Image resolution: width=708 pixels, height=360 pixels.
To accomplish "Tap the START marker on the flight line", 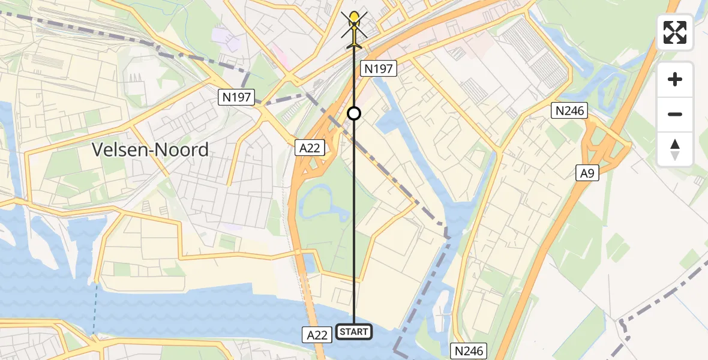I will point(354,331).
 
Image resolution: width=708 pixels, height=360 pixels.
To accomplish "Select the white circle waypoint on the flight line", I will point(354,113).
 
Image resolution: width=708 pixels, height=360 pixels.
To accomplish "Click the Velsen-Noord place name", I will point(151,149).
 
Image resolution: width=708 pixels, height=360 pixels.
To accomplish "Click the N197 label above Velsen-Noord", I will point(237,97).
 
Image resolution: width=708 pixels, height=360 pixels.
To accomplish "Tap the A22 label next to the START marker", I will point(316,335).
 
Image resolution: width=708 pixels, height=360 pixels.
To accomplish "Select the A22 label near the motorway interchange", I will point(308,146).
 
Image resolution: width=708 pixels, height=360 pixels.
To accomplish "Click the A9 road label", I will point(588,173).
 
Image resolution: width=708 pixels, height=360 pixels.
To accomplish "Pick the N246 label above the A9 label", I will point(570,110).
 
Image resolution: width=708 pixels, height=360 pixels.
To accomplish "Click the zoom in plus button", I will point(675,79).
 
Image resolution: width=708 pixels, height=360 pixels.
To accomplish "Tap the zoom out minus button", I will point(675,114).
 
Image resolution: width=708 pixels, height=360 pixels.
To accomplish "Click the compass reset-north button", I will point(675,149).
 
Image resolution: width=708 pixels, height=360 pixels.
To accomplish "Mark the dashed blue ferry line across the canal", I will point(95,306).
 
